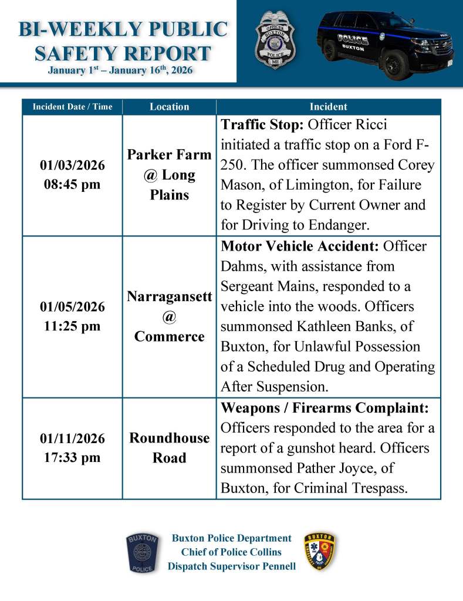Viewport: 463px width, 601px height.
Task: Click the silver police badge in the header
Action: [x=275, y=39]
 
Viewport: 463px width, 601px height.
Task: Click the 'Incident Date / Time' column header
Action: [x=72, y=107]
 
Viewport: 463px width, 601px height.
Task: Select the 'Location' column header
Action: [x=169, y=107]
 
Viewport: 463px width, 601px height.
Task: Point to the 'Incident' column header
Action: [x=328, y=107]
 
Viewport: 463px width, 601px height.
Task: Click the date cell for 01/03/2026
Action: [x=72, y=166]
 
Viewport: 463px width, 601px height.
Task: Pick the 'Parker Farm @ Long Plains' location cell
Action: [x=169, y=175]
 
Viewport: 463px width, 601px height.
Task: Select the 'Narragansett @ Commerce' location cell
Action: [x=169, y=317]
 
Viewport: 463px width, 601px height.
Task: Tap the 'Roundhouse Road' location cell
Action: [x=169, y=448]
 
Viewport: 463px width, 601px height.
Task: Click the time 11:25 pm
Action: [x=72, y=326]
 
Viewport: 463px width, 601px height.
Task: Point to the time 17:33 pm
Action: [x=72, y=457]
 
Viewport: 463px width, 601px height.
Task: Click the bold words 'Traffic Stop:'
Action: [x=261, y=125]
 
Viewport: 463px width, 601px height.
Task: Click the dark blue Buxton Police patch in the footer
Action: [x=142, y=553]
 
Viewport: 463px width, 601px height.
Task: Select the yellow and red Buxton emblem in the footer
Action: [x=320, y=552]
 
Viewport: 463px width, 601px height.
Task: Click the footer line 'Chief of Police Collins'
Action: [x=231, y=552]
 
